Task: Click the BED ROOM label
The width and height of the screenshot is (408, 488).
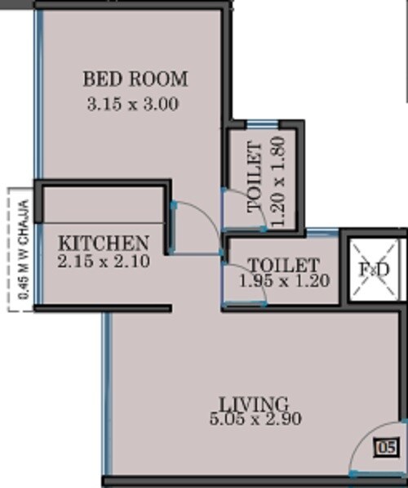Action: click(x=135, y=79)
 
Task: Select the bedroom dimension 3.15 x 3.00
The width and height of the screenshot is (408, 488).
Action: click(x=132, y=104)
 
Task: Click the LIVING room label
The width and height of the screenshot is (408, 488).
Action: click(x=254, y=404)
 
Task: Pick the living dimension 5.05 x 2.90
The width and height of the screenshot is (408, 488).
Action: click(x=255, y=420)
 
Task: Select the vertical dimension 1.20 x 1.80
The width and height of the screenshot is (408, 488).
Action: click(x=279, y=181)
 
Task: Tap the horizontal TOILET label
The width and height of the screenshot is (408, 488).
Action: click(x=283, y=266)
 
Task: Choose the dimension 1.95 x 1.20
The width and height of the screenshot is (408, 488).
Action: click(x=283, y=282)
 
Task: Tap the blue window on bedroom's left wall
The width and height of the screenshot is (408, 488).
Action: click(x=37, y=98)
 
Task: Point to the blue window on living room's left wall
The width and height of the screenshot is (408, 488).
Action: click(x=104, y=392)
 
